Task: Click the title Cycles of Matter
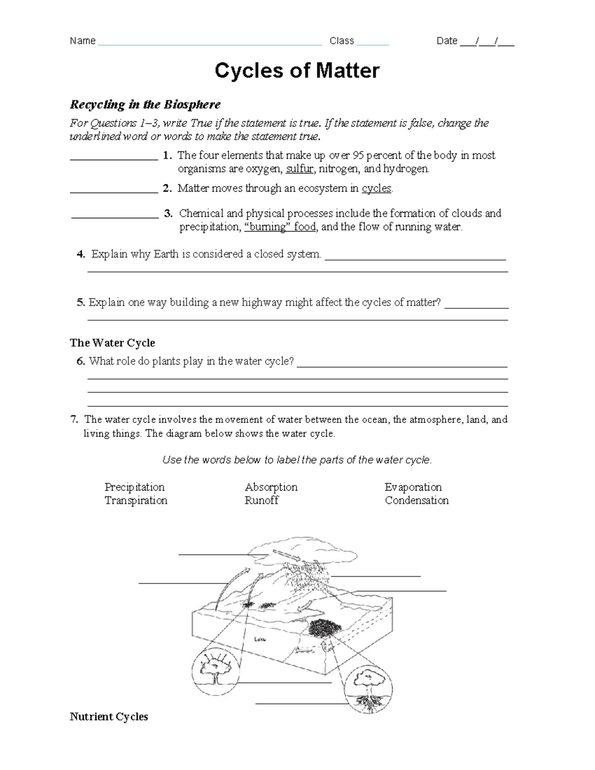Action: [x=297, y=71]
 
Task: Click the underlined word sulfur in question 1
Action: [x=299, y=169]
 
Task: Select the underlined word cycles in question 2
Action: [x=376, y=188]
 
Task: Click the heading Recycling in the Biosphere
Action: [x=145, y=105]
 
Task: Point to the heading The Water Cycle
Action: [x=113, y=343]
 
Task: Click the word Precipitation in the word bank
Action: [x=134, y=487]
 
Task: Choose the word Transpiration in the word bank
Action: [x=136, y=500]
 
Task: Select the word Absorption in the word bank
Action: [x=271, y=487]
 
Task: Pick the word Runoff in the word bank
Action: [x=261, y=500]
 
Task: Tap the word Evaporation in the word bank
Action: [x=413, y=487]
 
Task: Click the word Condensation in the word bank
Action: [x=416, y=500]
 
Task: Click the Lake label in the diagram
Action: [x=260, y=639]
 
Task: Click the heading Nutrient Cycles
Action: [x=109, y=717]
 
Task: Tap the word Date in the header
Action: [x=446, y=41]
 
